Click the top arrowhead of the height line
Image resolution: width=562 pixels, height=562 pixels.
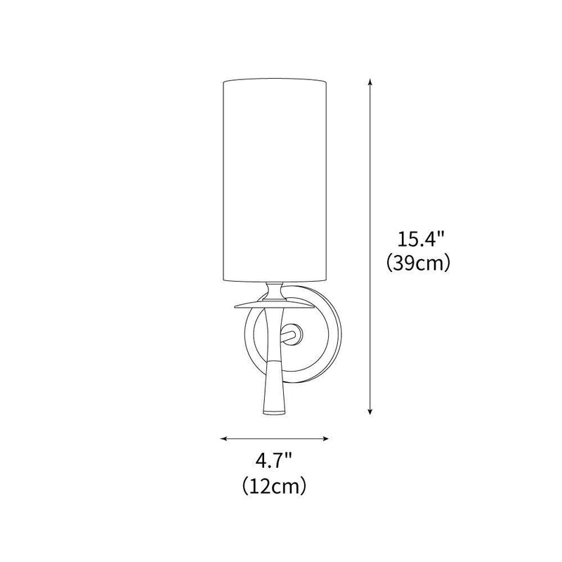[x=370, y=83]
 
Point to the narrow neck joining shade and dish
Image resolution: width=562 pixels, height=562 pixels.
[x=275, y=290]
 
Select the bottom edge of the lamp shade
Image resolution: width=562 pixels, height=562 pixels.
[x=275, y=280]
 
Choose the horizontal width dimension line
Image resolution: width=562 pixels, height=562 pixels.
[x=275, y=439]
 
